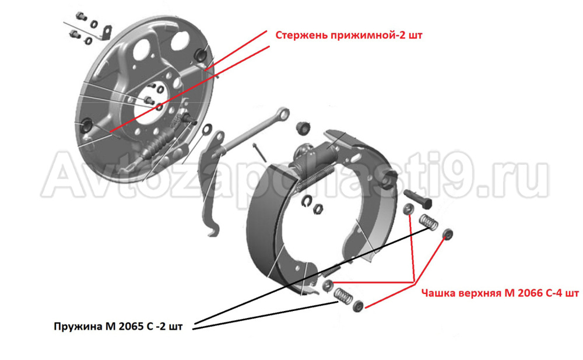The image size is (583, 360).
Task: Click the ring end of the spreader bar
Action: click(282, 114)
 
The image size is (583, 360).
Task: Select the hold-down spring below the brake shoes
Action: click(343, 295)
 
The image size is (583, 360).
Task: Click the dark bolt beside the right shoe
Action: click(417, 198)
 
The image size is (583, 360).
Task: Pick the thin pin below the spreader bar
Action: click(259, 152)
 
